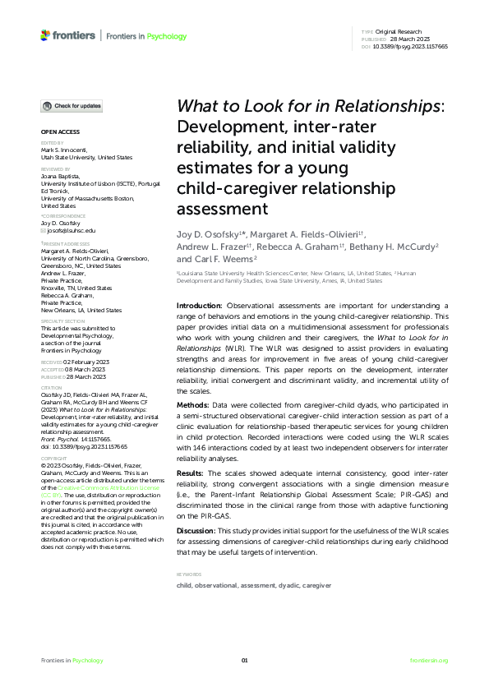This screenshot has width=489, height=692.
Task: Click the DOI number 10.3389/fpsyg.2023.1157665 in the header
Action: (417, 47)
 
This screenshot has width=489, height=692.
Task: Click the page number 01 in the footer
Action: (244, 660)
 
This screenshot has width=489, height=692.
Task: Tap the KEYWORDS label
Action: (190, 573)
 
